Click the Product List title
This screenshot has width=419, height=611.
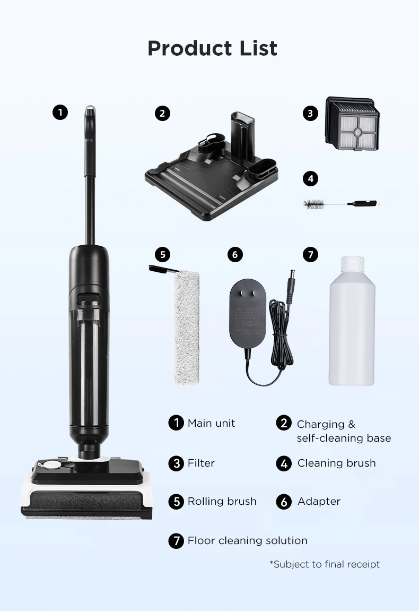pos(212,48)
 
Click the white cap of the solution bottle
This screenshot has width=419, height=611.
pos(353,264)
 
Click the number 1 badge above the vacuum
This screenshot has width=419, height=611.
pos(60,113)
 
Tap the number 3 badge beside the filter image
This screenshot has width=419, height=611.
pos(310,113)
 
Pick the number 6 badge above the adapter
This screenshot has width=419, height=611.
pos(235,254)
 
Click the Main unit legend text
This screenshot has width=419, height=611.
pos(211,423)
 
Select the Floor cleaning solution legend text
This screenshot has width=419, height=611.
pos(247,540)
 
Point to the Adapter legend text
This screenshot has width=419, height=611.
pos(319,501)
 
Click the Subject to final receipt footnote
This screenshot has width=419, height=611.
pos(325,564)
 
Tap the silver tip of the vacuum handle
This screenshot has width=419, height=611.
pos(90,111)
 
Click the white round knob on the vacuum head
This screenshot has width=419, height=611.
pos(51,464)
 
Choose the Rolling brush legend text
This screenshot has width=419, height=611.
pos(222,501)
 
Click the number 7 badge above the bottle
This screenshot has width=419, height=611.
pos(310,254)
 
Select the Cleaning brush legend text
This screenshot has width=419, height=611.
pos(336,463)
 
